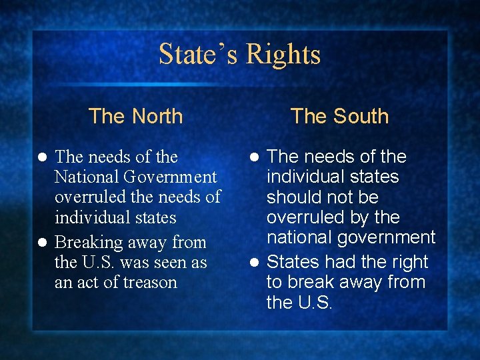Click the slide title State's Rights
(240, 54)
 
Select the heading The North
(135, 116)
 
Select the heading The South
(339, 116)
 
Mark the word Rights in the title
(283, 54)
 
